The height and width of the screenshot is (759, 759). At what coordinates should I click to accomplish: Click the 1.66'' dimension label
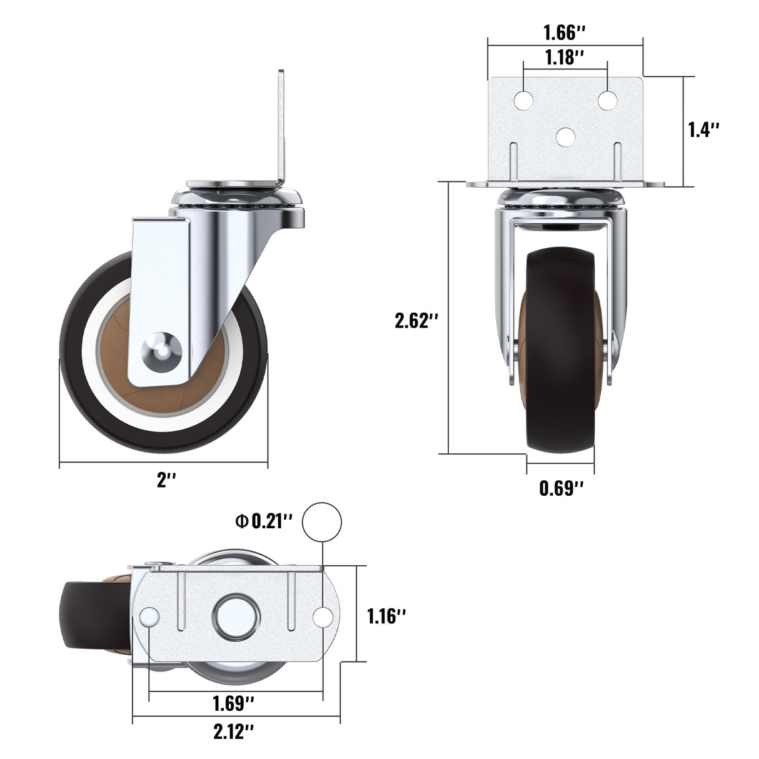564,32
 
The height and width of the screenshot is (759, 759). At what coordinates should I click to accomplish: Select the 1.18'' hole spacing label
565,58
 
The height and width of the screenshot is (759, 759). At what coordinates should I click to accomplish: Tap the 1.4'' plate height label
703,129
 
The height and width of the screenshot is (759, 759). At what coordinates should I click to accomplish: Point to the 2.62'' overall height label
416,321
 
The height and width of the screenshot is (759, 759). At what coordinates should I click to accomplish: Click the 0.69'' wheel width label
561,488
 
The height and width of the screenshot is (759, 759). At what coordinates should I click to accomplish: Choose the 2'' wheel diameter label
166,480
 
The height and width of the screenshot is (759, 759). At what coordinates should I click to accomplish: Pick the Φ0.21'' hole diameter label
264,521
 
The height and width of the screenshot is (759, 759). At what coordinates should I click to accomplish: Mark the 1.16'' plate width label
386,616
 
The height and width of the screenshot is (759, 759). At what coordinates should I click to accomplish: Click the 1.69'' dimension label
233,703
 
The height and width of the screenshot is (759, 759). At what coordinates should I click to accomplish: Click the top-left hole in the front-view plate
524,100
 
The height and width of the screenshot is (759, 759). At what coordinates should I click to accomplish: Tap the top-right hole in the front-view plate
607,100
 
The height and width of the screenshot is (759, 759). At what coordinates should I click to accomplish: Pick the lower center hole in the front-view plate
566,136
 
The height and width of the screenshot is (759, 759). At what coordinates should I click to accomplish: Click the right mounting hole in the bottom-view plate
323,616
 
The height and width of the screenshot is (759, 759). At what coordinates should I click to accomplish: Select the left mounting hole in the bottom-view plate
149,616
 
